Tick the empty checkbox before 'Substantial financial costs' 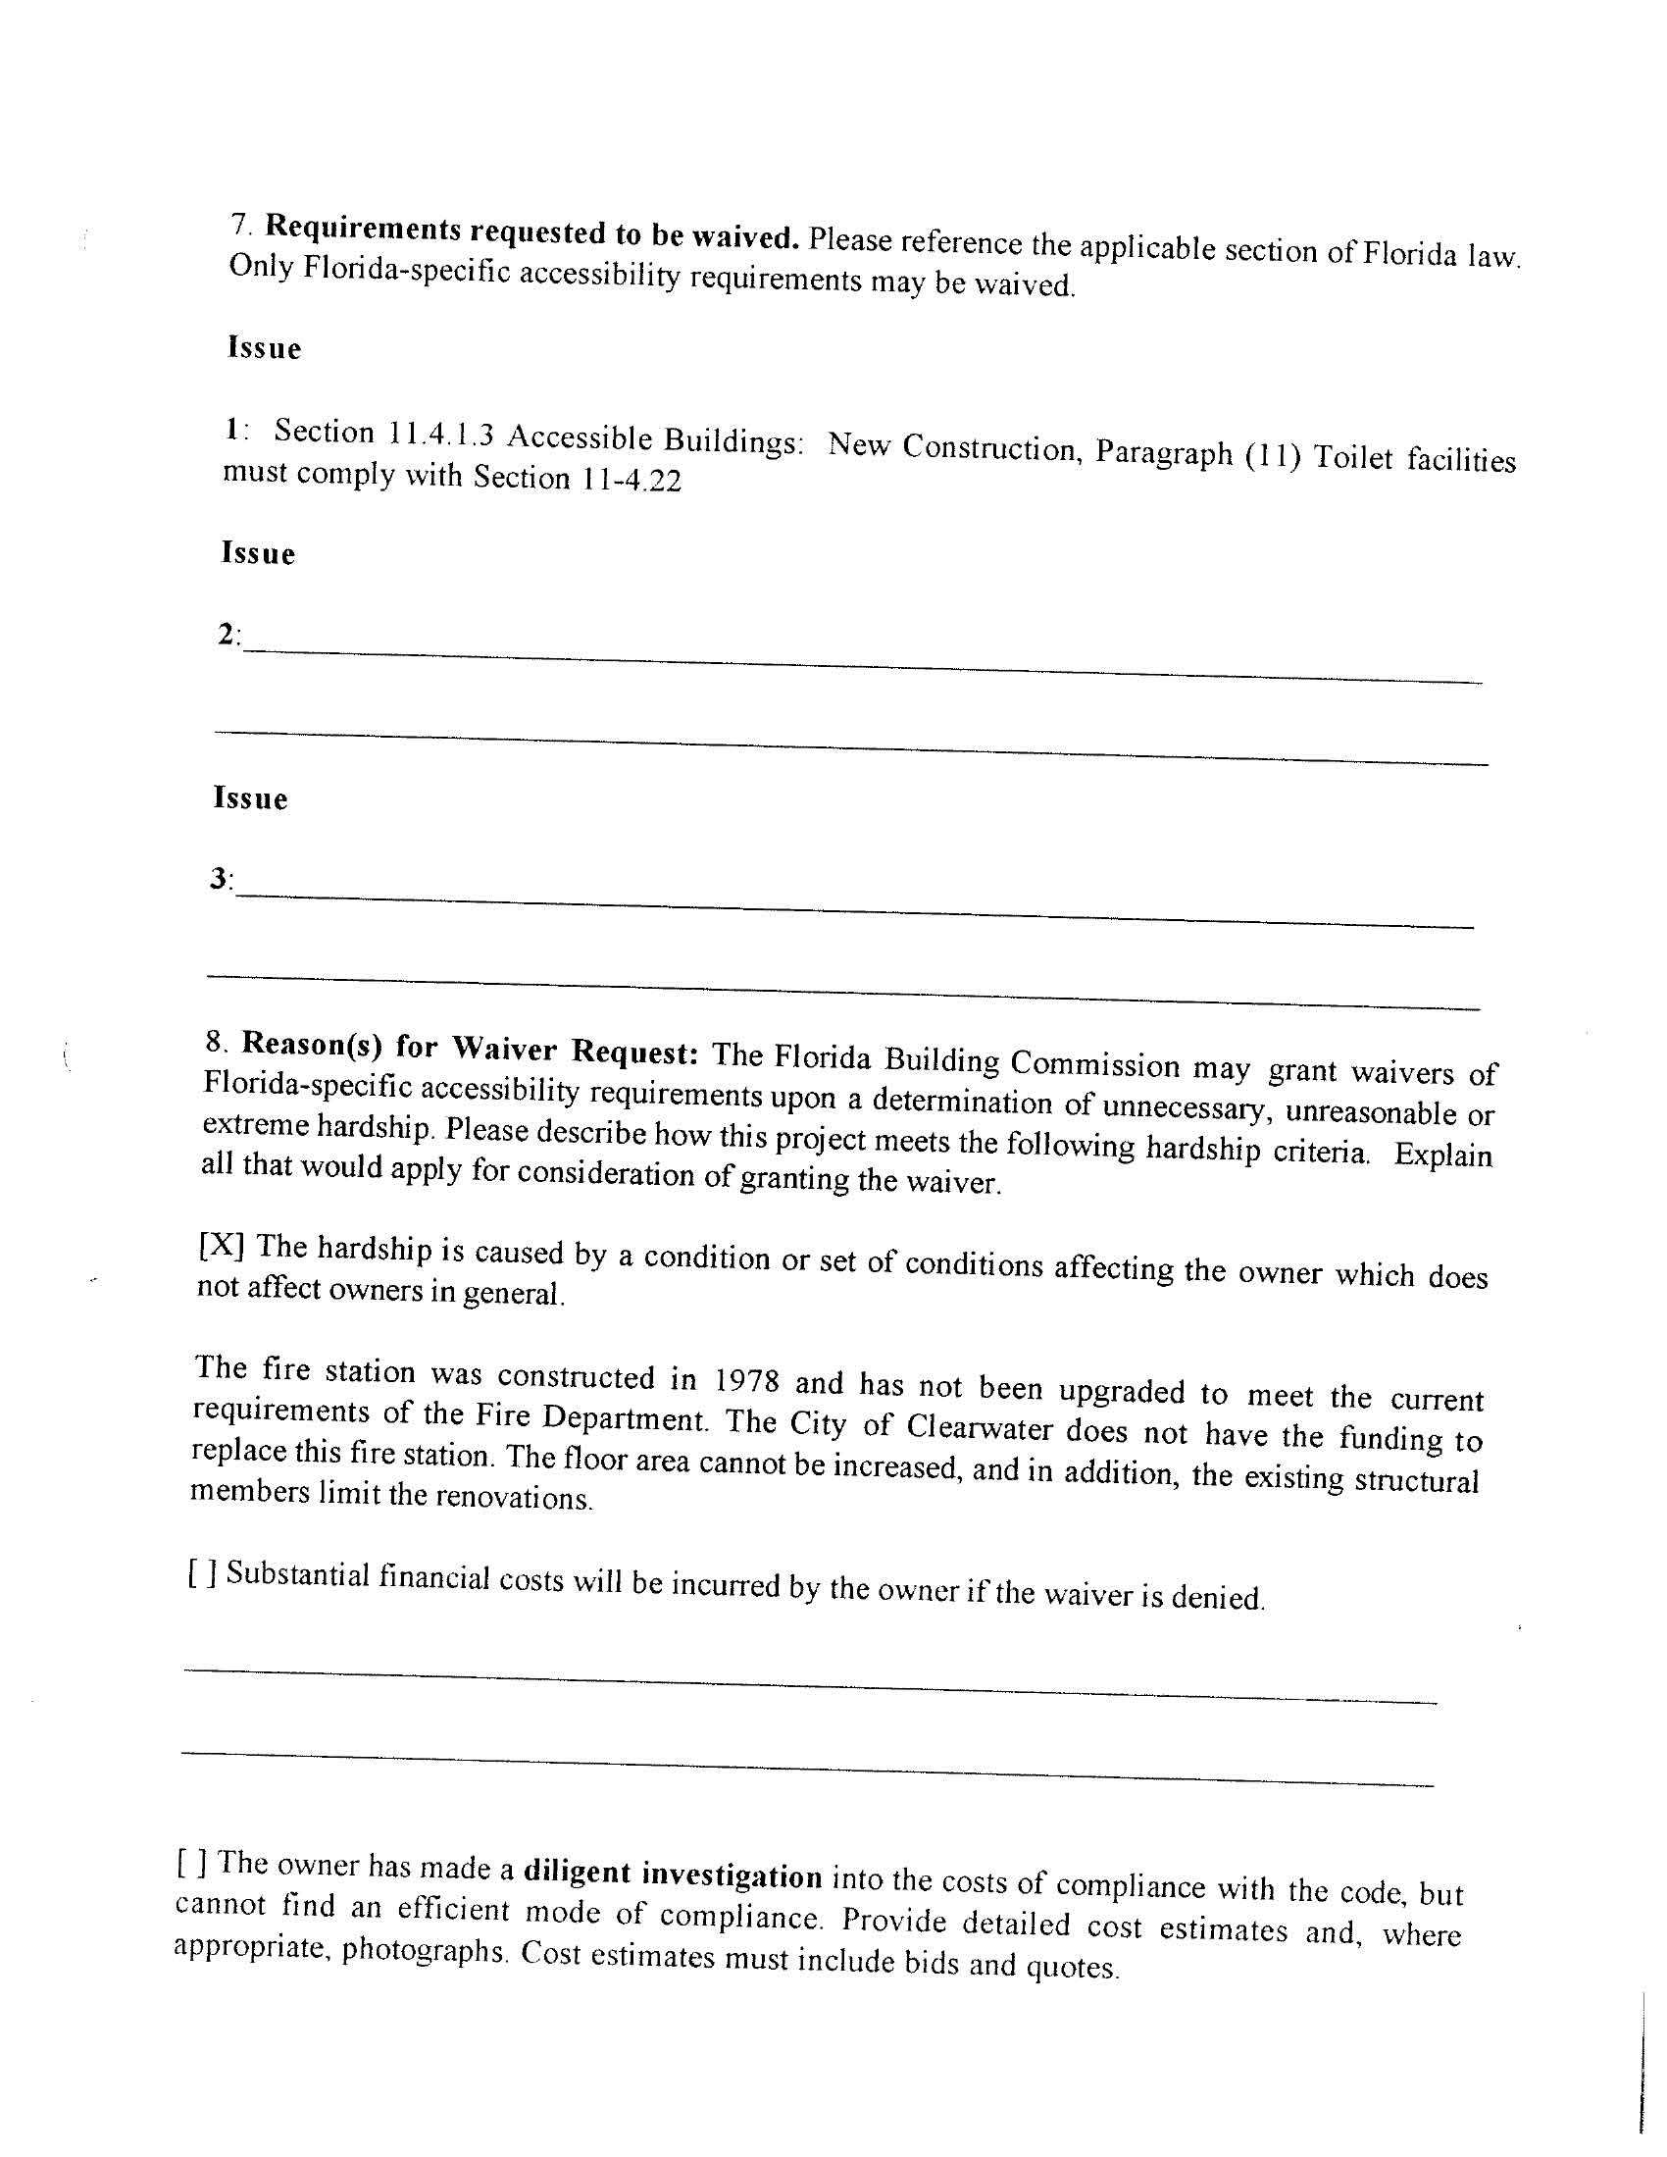[x=201, y=1571]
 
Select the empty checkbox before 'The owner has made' [x=191, y=1863]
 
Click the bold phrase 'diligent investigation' [x=673, y=1874]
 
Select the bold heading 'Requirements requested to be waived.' [x=532, y=233]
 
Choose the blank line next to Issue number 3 [x=854, y=908]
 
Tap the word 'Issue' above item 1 [x=264, y=348]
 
